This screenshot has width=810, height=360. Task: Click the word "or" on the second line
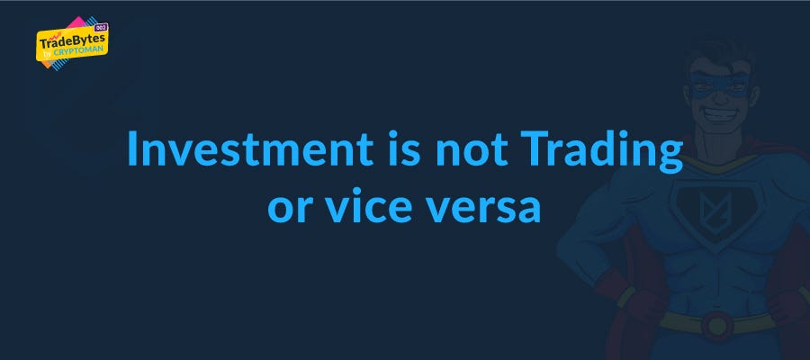(x=289, y=209)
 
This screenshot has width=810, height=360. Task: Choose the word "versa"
(x=481, y=209)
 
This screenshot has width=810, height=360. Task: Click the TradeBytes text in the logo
(x=72, y=41)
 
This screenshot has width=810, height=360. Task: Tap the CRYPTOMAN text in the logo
(x=78, y=50)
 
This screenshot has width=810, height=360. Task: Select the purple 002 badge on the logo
(x=100, y=27)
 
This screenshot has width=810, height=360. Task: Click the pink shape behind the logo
(x=76, y=23)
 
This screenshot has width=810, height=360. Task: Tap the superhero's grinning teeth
(x=720, y=113)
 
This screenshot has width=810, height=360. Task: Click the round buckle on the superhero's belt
(x=717, y=326)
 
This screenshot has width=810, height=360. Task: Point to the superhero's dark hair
(x=720, y=51)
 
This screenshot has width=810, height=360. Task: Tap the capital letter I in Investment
(x=131, y=149)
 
